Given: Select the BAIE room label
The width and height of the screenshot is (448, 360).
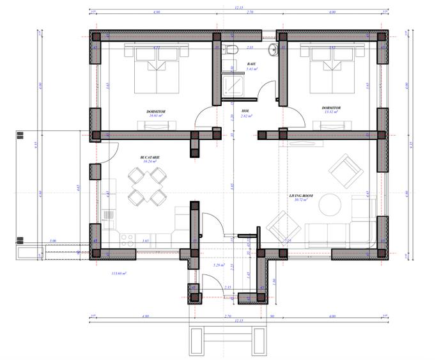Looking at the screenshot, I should point(252,65).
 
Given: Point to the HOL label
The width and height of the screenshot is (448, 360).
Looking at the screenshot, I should point(245,111).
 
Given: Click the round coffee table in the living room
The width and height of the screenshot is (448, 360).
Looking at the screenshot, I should point(332,204).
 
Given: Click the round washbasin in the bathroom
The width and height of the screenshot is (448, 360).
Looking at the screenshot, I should point(274,49).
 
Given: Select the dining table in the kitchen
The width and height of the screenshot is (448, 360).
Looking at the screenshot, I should point(143,185).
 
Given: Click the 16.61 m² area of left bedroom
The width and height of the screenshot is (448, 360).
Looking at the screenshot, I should point(157,116).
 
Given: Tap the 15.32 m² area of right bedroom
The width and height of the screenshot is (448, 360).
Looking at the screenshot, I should point(330,112).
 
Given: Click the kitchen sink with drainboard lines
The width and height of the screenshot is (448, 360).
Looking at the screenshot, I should point(109,218).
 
